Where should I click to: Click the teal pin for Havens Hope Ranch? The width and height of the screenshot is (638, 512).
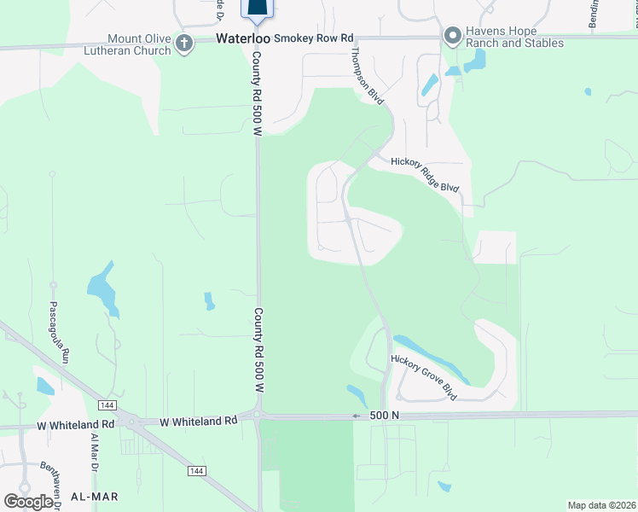tap(452, 35)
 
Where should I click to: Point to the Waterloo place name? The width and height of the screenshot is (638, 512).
tap(242, 38)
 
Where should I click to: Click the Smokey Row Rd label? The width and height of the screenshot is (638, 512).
tap(313, 38)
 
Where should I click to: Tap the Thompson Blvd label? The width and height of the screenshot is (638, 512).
tap(366, 75)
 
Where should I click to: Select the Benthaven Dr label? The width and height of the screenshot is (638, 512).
tap(49, 482)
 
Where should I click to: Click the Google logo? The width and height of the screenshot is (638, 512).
tap(28, 501)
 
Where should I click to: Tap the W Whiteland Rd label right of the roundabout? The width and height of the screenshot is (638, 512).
tap(199, 422)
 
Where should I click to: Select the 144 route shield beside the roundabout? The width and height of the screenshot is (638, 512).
tap(107, 404)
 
